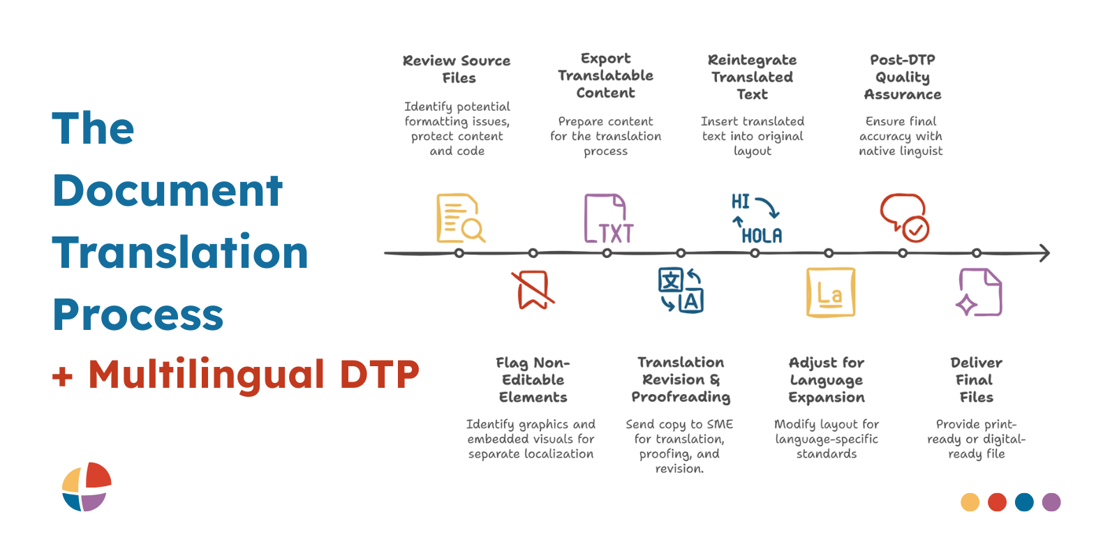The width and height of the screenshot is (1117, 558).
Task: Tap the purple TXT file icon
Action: pyautogui.click(x=607, y=219)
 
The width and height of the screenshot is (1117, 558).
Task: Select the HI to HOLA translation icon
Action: pyautogui.click(x=756, y=219)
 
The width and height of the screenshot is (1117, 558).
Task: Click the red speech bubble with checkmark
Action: pyautogui.click(x=904, y=218)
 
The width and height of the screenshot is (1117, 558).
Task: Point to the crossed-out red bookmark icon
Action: pyautogui.click(x=533, y=289)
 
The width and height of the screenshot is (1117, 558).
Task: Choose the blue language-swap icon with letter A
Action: pyautogui.click(x=681, y=290)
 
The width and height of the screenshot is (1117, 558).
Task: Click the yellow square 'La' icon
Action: pyautogui.click(x=830, y=292)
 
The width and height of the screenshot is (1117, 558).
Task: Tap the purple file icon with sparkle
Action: pyautogui.click(x=979, y=292)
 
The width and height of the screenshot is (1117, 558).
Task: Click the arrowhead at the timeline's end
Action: pyautogui.click(x=1044, y=252)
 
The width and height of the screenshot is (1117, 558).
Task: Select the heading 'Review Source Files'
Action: pyautogui.click(x=457, y=69)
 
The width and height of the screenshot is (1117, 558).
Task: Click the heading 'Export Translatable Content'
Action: pyautogui.click(x=605, y=75)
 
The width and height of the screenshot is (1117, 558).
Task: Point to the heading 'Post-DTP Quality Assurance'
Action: pyautogui.click(x=903, y=77)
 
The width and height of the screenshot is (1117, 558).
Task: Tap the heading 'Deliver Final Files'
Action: pyautogui.click(x=976, y=379)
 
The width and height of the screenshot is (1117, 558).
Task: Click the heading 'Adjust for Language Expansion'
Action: pyautogui.click(x=827, y=379)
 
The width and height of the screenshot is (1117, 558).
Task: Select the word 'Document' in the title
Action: pyautogui.click(x=168, y=190)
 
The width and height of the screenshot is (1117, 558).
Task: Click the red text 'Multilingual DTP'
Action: pyautogui.click(x=253, y=375)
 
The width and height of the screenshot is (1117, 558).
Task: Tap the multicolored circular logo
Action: pyautogui.click(x=87, y=486)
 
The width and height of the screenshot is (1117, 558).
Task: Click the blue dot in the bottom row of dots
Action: pyautogui.click(x=1024, y=502)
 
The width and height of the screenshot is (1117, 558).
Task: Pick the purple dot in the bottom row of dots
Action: pyautogui.click(x=1051, y=502)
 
